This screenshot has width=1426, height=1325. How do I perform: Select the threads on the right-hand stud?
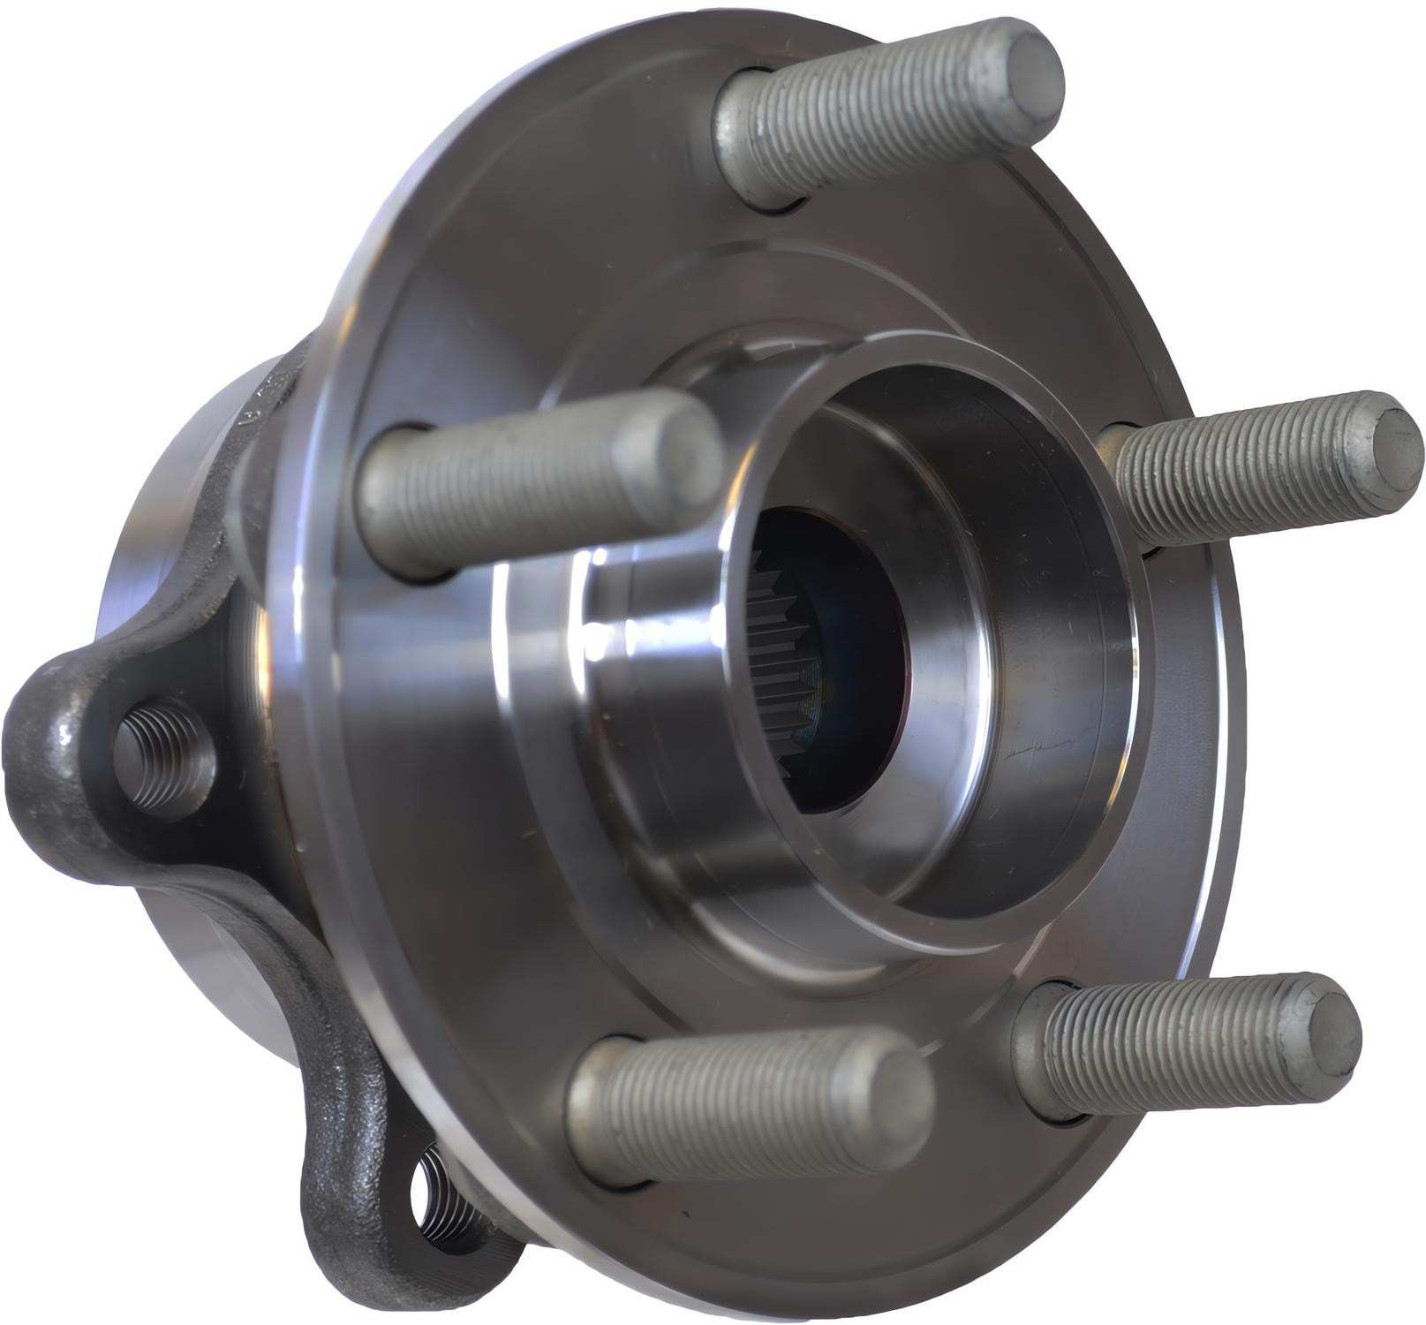[1236, 477]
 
